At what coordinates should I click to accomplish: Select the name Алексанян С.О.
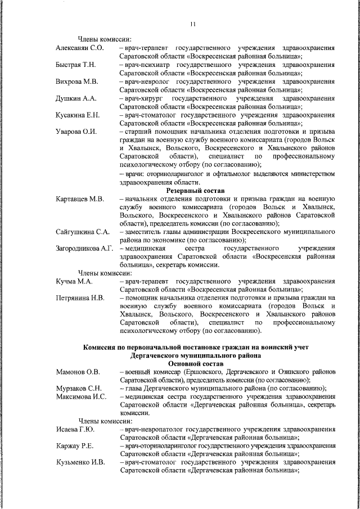[x=80, y=49]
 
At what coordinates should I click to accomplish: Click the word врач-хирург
[x=142, y=98]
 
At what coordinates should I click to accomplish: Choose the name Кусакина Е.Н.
[x=78, y=115]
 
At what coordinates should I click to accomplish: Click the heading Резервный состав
[x=193, y=190]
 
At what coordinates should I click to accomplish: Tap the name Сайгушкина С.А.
[x=82, y=231]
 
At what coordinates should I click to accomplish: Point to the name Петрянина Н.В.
[x=79, y=297]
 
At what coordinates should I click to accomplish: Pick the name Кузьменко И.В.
[x=80, y=462]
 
